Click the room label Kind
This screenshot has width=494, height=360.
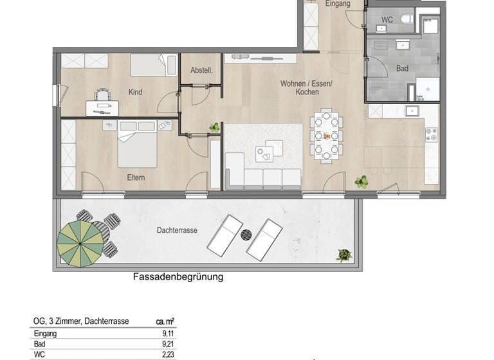135,93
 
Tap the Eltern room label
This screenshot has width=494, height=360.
136,177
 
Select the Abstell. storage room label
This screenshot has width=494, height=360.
201,70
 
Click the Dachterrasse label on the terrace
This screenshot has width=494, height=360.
176,230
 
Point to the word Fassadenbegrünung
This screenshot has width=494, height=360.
178,278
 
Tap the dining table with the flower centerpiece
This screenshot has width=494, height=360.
326,136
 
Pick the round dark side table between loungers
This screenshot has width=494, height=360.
246,235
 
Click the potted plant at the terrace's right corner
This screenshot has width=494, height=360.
345,255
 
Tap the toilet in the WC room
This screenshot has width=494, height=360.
407,20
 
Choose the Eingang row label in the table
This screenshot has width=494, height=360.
45,334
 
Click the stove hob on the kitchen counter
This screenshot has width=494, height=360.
431,134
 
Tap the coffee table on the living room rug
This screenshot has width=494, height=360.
264,152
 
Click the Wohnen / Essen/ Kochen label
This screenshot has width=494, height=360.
306,87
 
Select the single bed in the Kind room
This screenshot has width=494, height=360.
154,65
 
